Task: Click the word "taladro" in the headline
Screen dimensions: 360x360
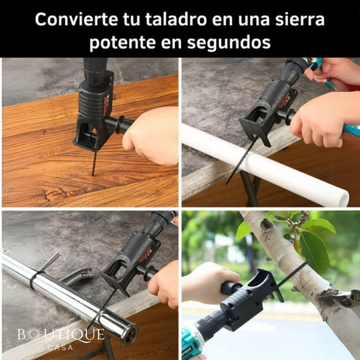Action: point(176,20)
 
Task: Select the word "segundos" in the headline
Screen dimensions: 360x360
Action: point(229,43)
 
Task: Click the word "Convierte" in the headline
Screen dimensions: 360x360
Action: point(76,20)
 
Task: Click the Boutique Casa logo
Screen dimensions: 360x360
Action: point(61,338)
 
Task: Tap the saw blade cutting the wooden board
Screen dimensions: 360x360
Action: point(94,163)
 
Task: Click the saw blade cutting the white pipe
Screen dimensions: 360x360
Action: point(239,161)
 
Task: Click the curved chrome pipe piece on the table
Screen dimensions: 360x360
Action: point(77,276)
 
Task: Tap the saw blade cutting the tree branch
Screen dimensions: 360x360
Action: point(292,274)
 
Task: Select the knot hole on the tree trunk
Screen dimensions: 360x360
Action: point(266,224)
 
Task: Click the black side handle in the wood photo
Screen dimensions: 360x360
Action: point(120,125)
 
